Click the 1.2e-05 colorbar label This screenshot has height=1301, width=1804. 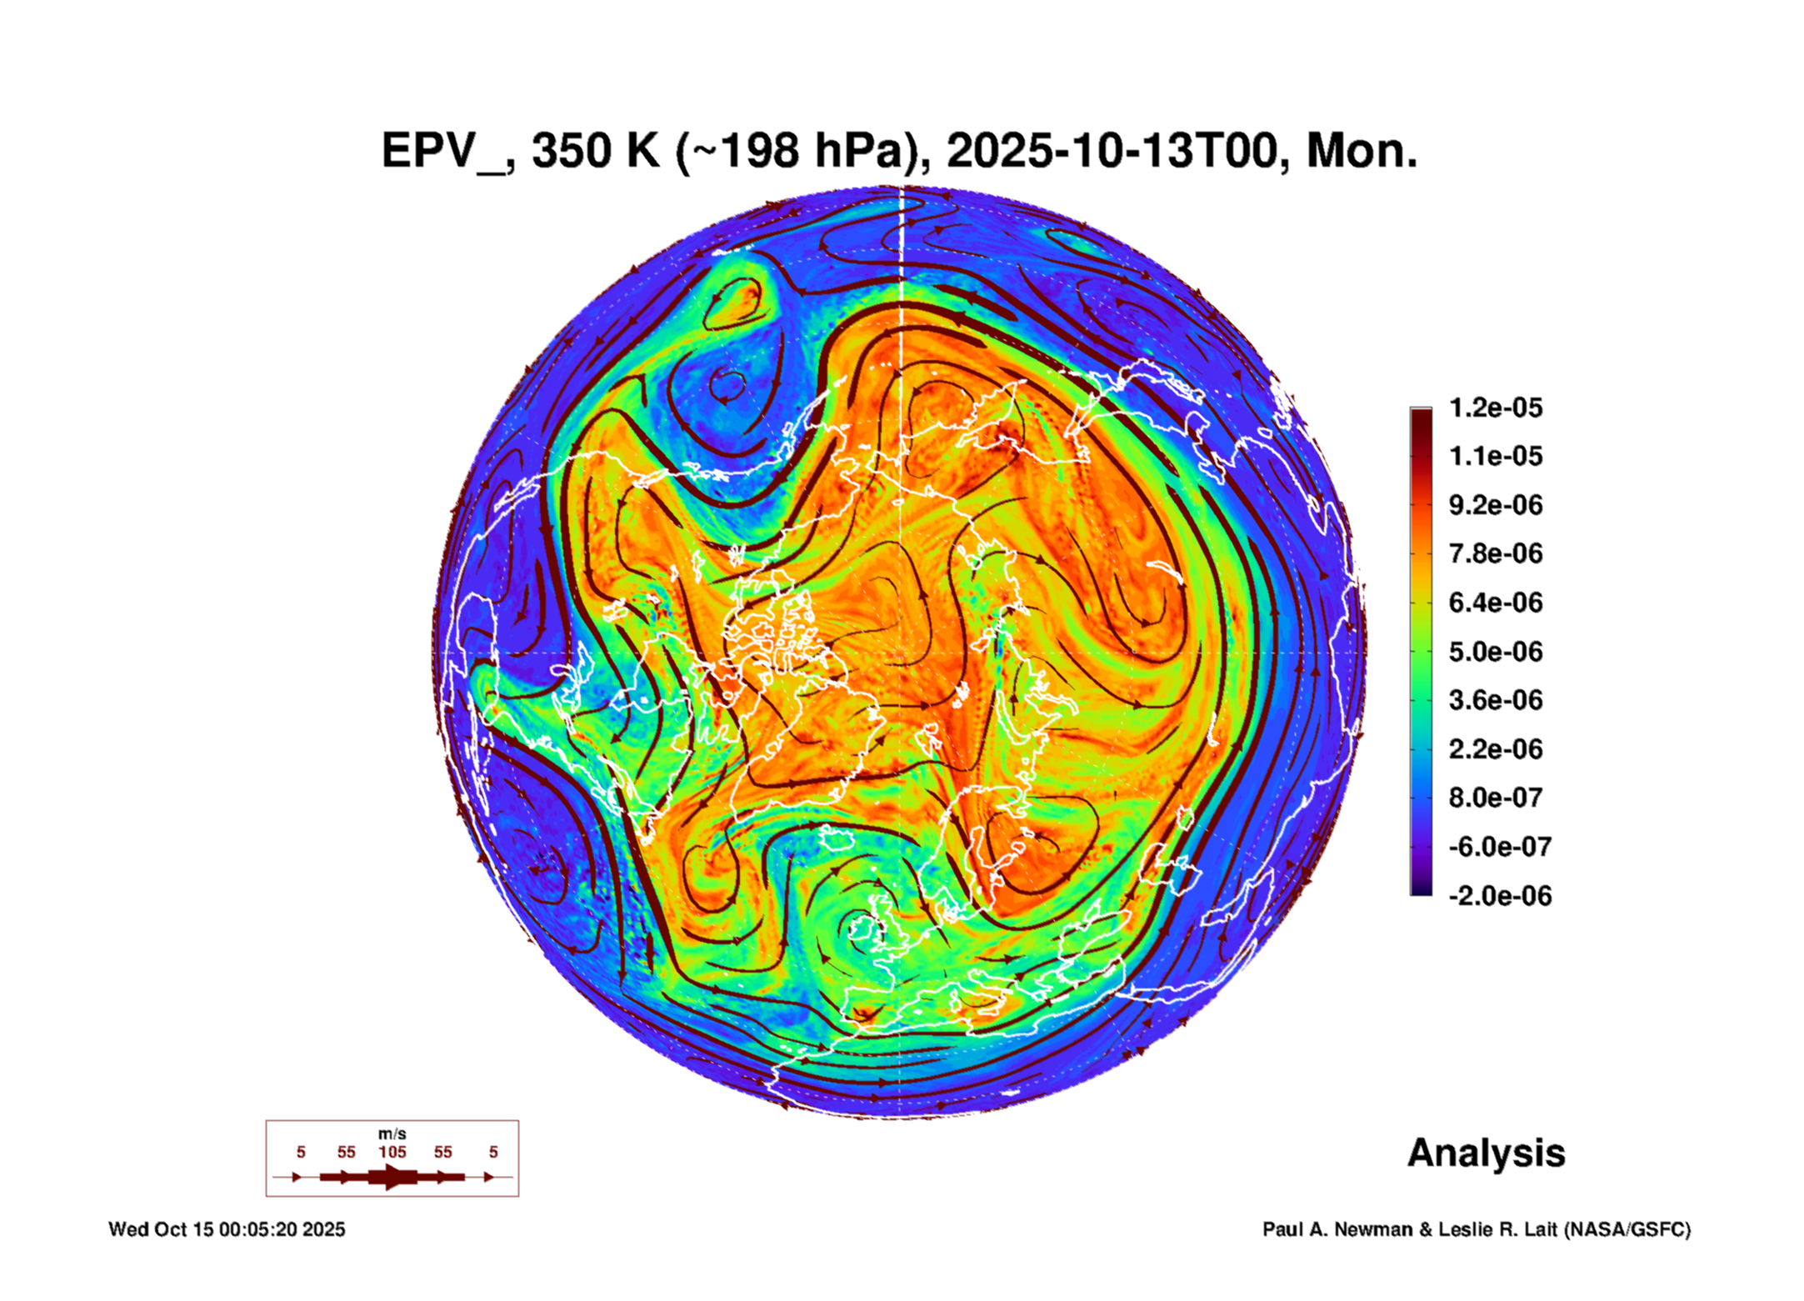coord(1495,408)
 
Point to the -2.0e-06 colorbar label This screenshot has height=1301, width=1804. coord(1500,896)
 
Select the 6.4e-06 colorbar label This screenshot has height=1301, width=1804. coord(1495,603)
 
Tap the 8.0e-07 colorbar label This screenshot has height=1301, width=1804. coord(1495,798)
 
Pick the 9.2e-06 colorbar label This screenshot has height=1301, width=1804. coord(1495,505)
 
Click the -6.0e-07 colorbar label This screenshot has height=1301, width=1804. coord(1500,847)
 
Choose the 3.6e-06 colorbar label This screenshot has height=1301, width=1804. coord(1495,700)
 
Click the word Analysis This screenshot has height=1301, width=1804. coord(1486,1153)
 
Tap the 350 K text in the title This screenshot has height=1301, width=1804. coord(595,152)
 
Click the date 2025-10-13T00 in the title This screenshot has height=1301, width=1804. coord(1112,152)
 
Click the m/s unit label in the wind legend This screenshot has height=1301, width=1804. coord(392,1134)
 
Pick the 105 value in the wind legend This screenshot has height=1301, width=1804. coord(392,1153)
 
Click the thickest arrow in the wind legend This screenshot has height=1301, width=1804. coord(392,1178)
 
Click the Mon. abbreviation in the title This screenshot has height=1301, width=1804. coord(1362,152)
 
